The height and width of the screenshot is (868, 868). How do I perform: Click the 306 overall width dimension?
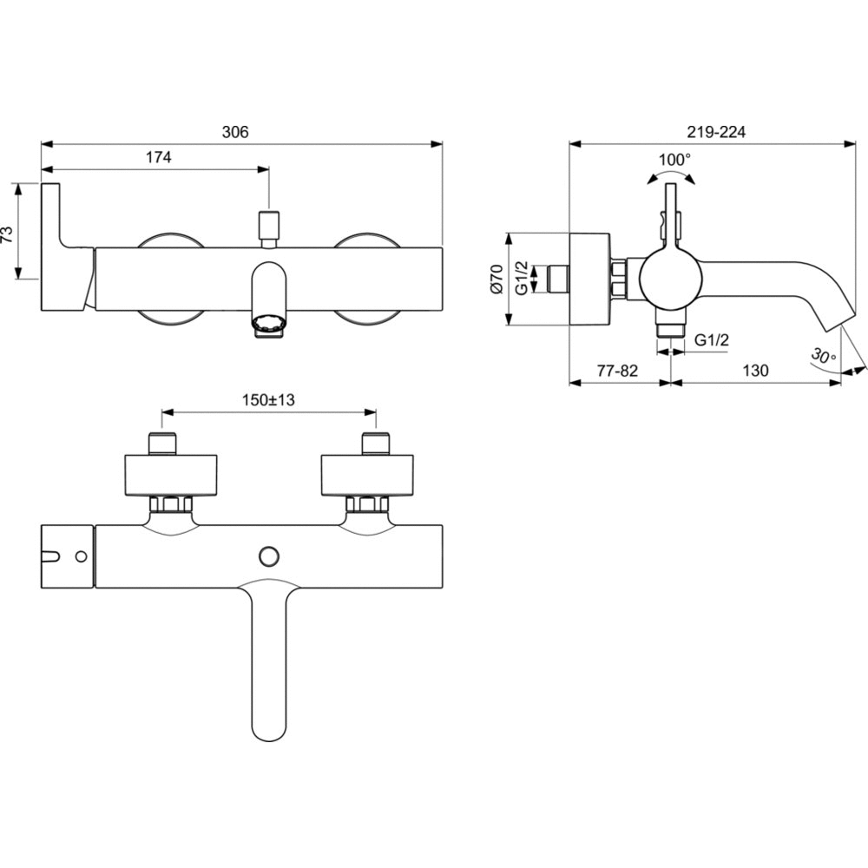(235, 132)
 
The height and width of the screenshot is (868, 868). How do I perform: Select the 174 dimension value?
(158, 157)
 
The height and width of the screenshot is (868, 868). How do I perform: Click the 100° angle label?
(674, 160)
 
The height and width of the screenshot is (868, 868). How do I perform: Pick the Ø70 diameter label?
(496, 279)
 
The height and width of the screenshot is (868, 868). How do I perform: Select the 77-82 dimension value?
(618, 371)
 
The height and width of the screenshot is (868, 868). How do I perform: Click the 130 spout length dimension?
(755, 371)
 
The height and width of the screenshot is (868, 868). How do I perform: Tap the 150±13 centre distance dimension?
(269, 400)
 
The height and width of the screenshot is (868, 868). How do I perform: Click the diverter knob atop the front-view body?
(269, 224)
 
